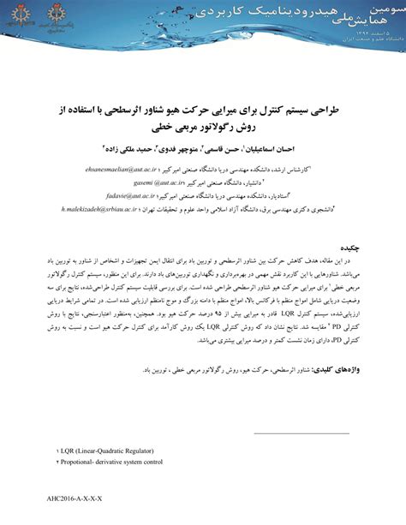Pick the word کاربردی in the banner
pos(206,15)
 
